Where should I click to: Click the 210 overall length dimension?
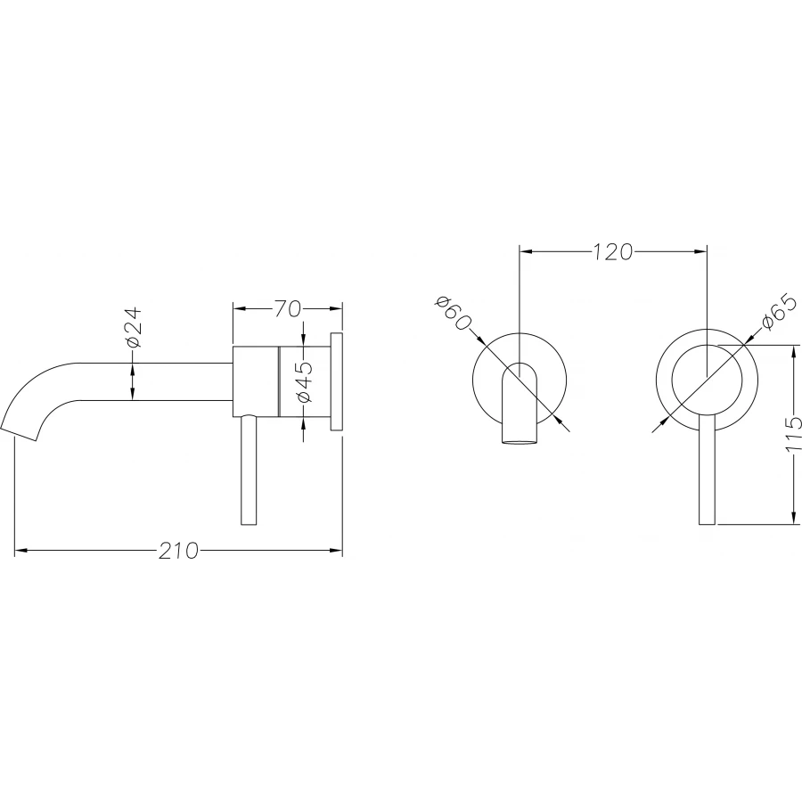point(178,551)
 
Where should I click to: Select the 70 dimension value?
point(287,308)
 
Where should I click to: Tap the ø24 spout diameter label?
point(133,327)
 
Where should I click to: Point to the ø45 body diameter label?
point(303,381)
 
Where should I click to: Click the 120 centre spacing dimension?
point(613,251)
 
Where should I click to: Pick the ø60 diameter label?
point(453,313)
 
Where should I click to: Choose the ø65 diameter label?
point(779,313)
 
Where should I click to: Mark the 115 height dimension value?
point(793,435)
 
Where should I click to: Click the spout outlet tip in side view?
point(19,434)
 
